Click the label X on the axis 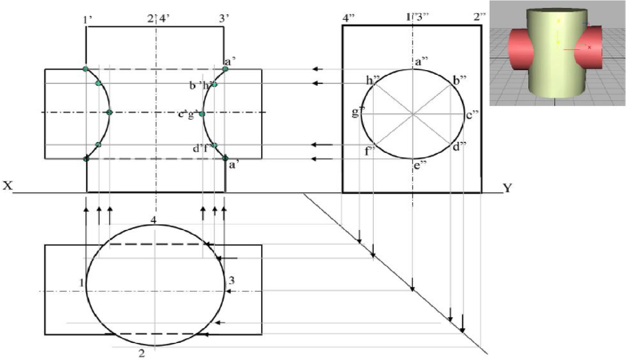click(8, 185)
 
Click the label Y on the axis click(507, 188)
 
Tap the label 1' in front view click(87, 19)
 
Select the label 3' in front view click(224, 18)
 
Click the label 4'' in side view click(349, 18)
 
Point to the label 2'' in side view click(480, 17)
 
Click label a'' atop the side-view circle click(421, 62)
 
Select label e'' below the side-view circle click(420, 166)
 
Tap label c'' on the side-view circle click(472, 115)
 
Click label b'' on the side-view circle click(460, 80)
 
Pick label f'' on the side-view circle click(370, 151)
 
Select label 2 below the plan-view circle click(142, 353)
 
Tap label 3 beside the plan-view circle click(231, 280)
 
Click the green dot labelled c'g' click(202, 114)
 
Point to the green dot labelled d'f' click(214, 145)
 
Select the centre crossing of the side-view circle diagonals click(413, 114)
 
